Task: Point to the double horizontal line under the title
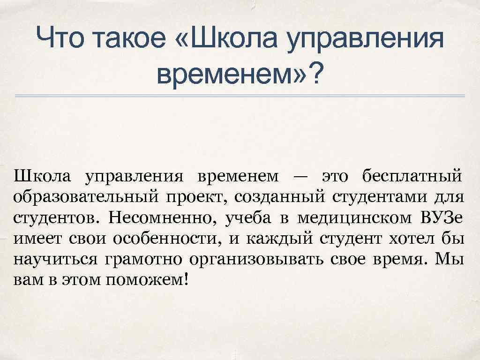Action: point(240,96)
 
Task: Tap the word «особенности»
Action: point(166,239)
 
